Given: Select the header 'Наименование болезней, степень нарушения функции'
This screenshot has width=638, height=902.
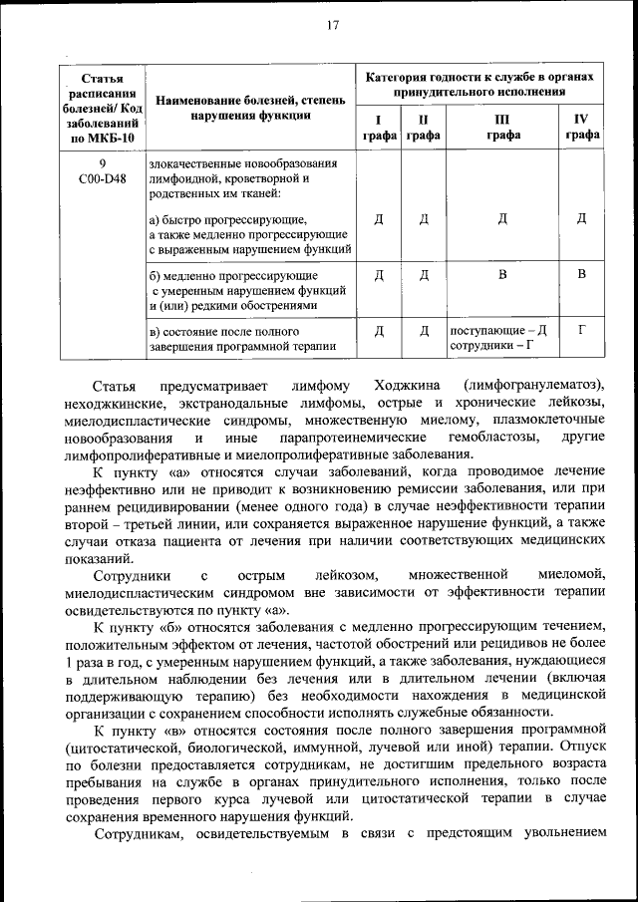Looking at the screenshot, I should click(250, 107).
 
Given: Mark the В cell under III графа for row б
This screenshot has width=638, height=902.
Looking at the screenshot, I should click(502, 273).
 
